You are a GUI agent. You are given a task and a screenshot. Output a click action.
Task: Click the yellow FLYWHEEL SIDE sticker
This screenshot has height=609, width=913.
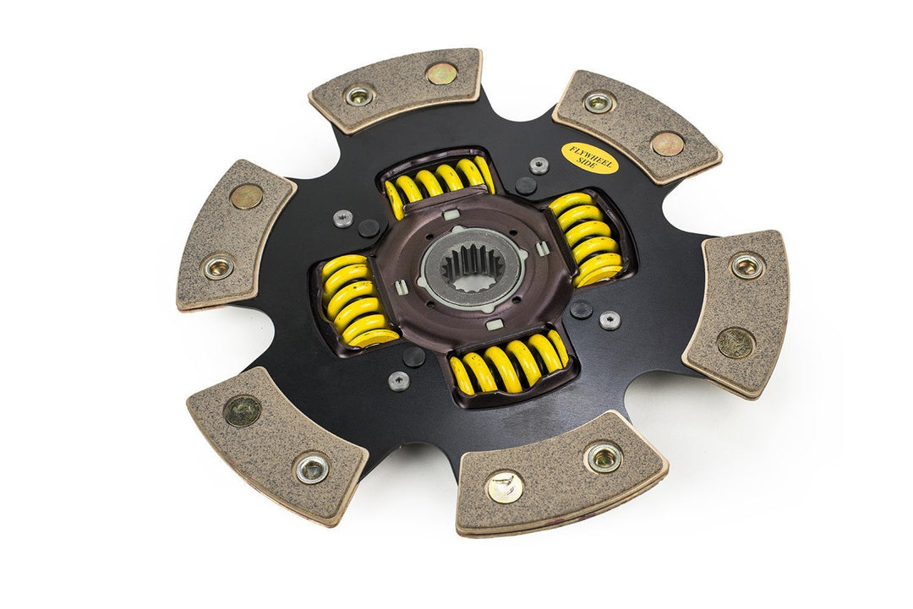click(590, 158)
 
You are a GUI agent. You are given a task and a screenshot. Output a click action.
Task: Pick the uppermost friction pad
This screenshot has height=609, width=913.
click(396, 89)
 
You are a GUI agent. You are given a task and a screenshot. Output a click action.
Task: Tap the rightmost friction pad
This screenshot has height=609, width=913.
click(736, 312)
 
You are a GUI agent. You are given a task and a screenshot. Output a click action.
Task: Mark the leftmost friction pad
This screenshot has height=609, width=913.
click(236, 234)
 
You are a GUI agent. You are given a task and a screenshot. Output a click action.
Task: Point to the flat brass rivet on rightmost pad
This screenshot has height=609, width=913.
click(735, 342)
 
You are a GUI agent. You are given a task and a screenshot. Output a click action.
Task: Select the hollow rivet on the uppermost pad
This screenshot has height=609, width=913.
click(359, 95)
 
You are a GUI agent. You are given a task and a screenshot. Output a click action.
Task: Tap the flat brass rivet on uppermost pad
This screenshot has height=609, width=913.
click(441, 73)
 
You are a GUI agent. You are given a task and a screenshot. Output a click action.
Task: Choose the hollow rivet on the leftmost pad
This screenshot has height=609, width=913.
click(219, 268)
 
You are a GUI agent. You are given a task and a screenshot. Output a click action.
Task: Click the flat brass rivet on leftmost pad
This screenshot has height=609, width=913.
click(246, 197)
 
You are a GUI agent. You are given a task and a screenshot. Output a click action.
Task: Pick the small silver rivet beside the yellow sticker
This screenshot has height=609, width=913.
click(539, 166)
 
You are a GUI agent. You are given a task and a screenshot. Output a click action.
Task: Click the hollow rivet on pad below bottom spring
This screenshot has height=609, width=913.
click(604, 457)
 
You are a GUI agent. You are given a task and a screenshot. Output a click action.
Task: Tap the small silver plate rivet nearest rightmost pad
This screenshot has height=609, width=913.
click(609, 320)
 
